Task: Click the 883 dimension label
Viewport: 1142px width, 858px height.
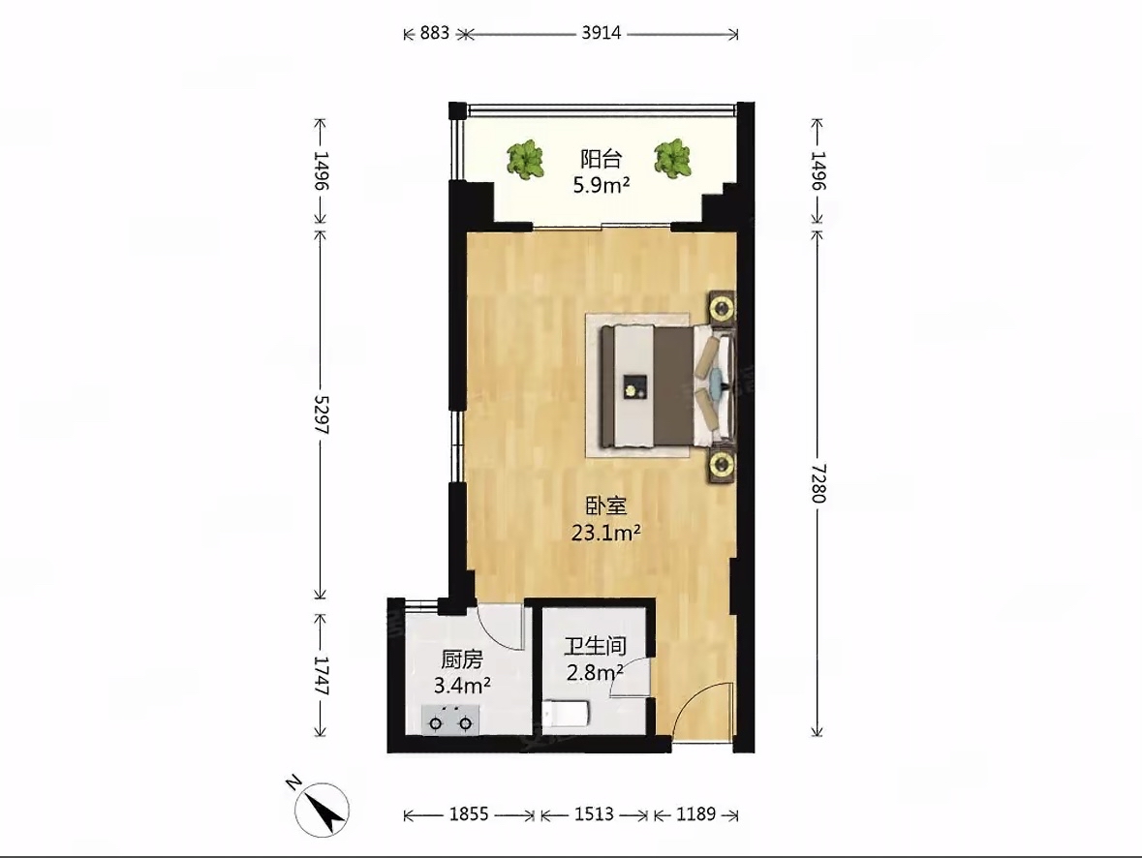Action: point(435,33)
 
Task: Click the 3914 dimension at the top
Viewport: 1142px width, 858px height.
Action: point(601,33)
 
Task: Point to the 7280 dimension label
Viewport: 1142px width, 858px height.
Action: point(818,482)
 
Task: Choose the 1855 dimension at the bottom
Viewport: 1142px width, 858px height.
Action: point(468,813)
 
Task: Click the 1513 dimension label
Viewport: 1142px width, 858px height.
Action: point(594,813)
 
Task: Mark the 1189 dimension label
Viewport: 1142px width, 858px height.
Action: point(695,813)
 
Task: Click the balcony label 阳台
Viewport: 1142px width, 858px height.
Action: point(601,158)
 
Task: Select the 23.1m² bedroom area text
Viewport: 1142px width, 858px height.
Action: point(605,534)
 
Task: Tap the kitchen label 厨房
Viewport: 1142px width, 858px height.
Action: point(462,659)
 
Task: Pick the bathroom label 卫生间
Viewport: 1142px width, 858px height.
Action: point(595,645)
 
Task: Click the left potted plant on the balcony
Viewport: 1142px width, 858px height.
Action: point(525,160)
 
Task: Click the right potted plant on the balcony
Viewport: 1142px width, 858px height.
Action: point(671,158)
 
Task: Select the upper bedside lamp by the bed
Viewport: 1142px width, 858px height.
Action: point(722,307)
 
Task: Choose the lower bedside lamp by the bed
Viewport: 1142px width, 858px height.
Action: point(722,464)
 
